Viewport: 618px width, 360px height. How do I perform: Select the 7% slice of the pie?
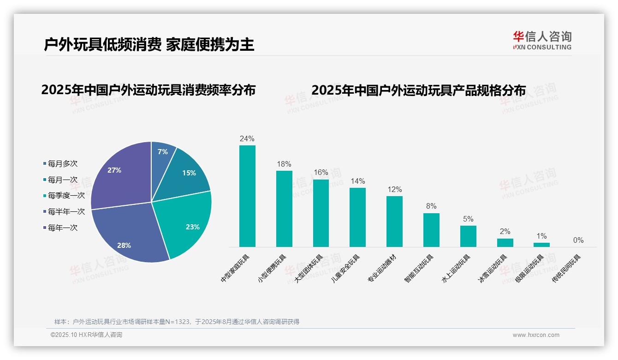(162, 152)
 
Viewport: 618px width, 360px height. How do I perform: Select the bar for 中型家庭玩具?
(247, 196)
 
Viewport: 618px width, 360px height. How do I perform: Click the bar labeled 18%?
(284, 209)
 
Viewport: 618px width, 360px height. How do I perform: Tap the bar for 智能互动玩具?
(431, 230)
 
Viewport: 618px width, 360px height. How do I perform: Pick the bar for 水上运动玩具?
(468, 236)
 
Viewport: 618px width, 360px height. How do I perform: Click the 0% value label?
(578, 240)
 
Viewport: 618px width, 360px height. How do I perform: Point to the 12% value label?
(395, 190)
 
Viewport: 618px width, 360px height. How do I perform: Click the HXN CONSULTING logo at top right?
(542, 41)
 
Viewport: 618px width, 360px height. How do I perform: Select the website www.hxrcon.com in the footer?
(536, 335)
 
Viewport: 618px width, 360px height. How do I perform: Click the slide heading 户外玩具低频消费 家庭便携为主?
(149, 44)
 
